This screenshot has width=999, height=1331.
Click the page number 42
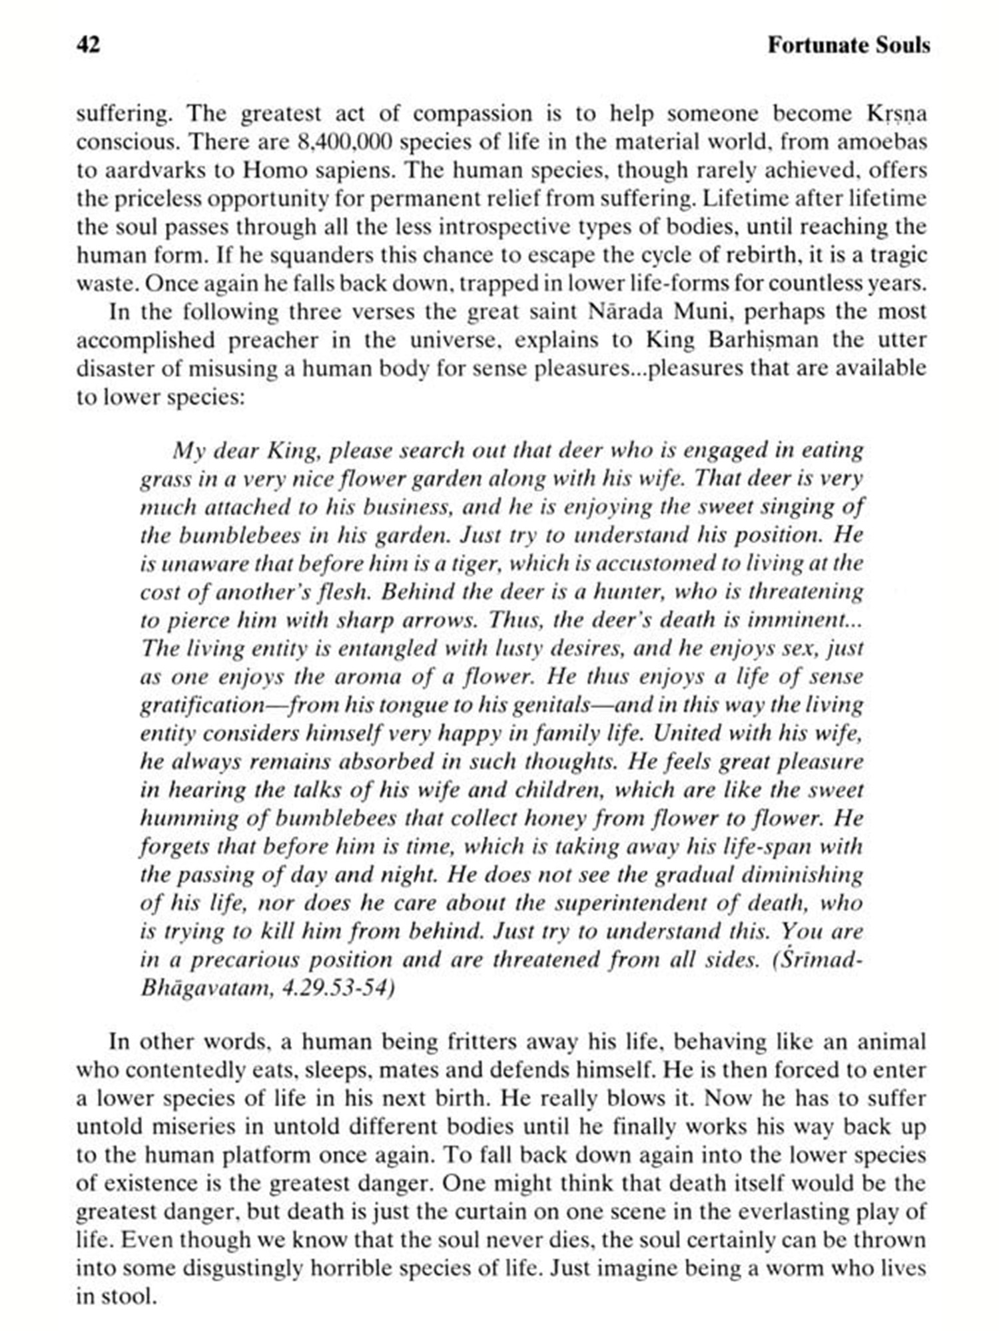coord(89,45)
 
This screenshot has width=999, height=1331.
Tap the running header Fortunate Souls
coord(848,45)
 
